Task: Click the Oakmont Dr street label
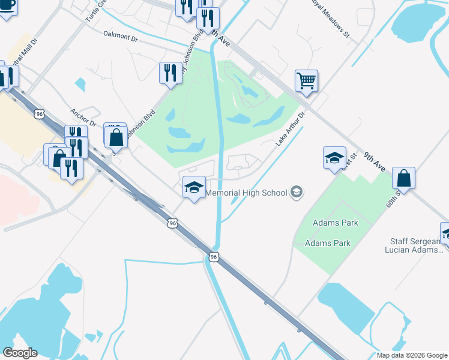coord(121,37)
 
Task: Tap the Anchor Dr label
coord(83,116)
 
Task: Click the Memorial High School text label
coord(247,193)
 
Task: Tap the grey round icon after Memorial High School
coord(295,193)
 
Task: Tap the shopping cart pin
coord(306,80)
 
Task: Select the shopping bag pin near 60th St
coord(404,178)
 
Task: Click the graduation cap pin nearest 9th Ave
coord(334,158)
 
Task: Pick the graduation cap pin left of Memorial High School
coord(194,188)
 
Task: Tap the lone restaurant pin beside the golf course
coord(170,73)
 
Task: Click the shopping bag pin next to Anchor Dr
coord(116,136)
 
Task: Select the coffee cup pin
coord(7,7)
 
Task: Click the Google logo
coord(20,352)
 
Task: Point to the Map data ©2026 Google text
coord(412,355)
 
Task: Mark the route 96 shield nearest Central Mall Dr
coord(40,113)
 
